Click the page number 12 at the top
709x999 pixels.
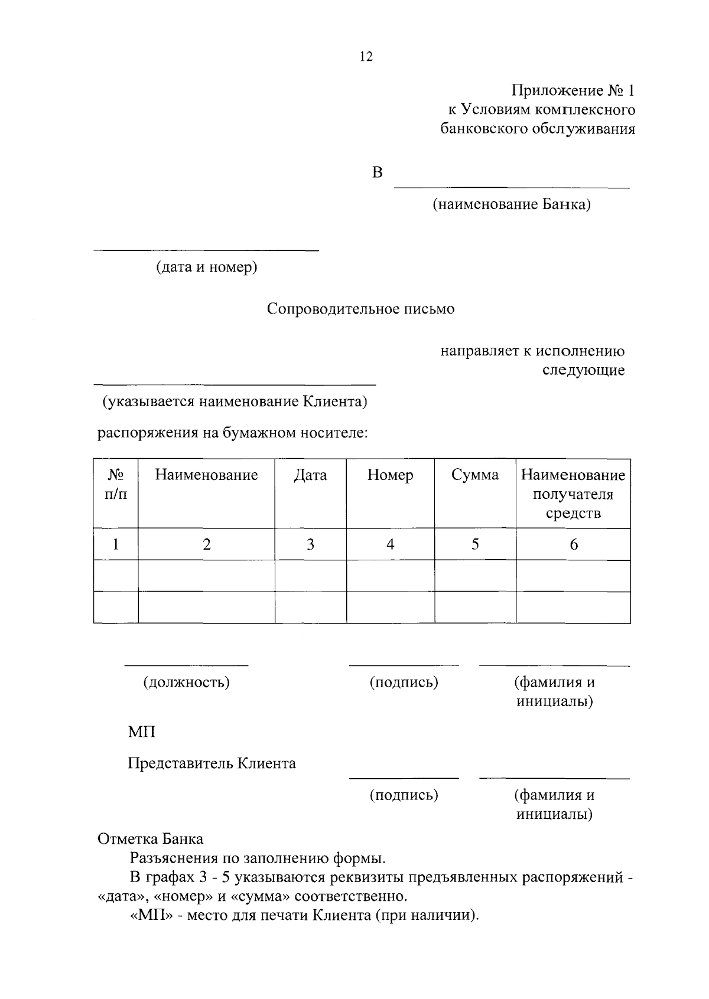366,57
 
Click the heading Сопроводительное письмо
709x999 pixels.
360,309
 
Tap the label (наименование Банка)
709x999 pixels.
511,205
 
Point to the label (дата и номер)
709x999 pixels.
206,267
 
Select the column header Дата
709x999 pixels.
310,475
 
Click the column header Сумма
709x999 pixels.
474,475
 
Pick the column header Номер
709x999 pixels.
390,475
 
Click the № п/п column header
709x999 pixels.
116,484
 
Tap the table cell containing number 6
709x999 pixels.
573,544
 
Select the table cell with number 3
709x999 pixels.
310,544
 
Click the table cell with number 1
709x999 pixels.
116,544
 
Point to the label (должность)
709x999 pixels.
186,683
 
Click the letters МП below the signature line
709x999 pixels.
142,733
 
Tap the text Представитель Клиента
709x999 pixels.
212,764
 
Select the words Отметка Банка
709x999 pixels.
150,839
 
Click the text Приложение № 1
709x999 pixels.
573,91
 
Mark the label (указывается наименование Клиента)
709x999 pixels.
235,402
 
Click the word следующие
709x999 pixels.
583,371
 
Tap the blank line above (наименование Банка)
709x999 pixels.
512,188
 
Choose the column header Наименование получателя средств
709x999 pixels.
573,494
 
